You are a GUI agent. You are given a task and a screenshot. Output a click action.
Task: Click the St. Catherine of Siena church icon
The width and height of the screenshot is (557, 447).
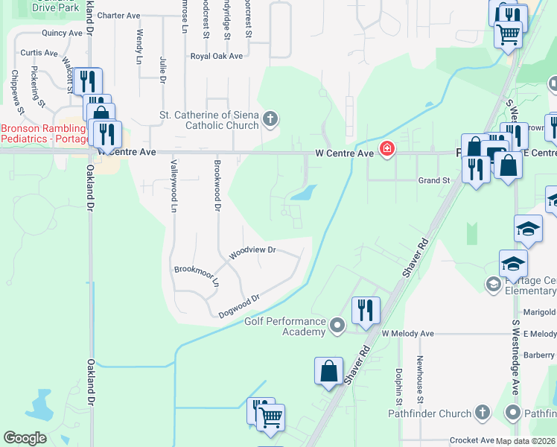click(x=270, y=118)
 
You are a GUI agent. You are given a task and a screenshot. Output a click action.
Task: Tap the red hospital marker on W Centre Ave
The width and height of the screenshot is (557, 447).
click(x=386, y=150)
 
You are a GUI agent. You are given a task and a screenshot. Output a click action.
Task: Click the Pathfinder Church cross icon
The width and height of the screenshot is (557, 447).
click(x=482, y=412)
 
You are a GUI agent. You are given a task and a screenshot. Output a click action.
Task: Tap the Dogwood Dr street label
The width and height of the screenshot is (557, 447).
click(x=239, y=305)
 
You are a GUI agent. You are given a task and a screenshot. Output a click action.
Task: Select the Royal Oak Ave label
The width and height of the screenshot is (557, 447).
click(x=217, y=56)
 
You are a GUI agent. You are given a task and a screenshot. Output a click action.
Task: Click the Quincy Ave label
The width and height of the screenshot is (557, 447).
click(x=62, y=33)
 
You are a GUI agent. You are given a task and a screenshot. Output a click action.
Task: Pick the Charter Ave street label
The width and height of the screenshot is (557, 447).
click(x=118, y=15)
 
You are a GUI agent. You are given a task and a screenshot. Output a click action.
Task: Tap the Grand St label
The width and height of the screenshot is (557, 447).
click(x=434, y=180)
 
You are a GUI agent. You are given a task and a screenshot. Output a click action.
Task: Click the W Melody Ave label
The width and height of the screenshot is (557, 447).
click(x=407, y=334)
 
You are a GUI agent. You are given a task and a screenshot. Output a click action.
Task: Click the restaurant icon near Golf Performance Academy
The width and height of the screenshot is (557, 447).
click(x=366, y=309)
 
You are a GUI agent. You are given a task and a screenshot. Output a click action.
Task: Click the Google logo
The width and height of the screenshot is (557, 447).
click(x=25, y=438)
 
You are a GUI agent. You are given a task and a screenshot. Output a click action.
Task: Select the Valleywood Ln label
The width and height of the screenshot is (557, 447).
click(x=174, y=186)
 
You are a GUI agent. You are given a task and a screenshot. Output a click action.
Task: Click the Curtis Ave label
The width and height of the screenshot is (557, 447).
click(x=39, y=53)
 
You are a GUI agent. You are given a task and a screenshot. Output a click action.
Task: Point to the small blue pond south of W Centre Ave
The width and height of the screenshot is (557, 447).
click(x=302, y=194)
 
